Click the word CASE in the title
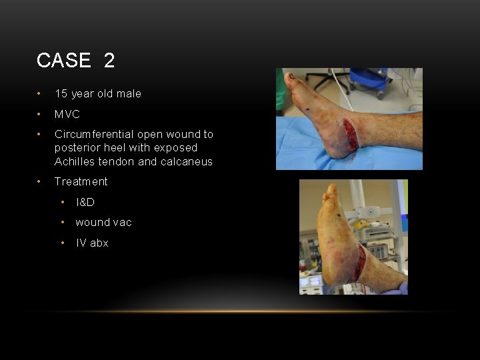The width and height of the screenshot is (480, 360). [x=63, y=61]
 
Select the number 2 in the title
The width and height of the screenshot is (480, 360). [x=109, y=61]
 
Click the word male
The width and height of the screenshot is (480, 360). [x=129, y=93]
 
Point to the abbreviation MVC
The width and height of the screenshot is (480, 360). [x=67, y=114]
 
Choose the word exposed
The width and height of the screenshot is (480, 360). [x=175, y=148]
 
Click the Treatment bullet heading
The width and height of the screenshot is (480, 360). [x=81, y=181]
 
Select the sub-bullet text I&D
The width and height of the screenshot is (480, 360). [x=85, y=202]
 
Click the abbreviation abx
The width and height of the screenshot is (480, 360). [x=99, y=243]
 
